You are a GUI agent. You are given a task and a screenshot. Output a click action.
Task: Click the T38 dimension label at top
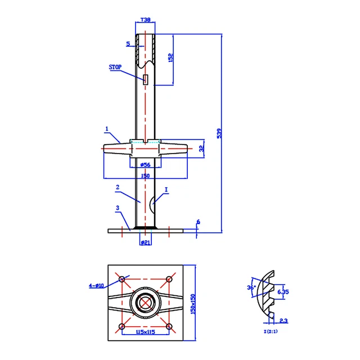pos(146,20)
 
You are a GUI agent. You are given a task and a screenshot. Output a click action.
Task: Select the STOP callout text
pos(115,66)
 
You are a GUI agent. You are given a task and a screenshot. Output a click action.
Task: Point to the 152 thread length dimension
pos(170,58)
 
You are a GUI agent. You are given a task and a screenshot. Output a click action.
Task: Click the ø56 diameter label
pos(145,165)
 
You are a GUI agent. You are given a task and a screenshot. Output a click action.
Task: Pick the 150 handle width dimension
pos(145,176)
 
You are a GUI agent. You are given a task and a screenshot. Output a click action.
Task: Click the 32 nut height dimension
pos(201,150)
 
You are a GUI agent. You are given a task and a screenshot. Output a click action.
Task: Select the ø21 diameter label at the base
pos(145,242)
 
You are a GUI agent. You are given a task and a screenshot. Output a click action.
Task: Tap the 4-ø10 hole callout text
pos(97,285)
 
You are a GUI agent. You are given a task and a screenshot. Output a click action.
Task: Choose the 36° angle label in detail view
pos(251,287)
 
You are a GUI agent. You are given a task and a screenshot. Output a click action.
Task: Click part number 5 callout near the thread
pos(128,43)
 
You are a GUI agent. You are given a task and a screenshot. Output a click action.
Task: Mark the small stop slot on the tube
pos(145,79)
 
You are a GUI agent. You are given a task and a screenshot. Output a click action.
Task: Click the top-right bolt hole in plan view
pos(169,279)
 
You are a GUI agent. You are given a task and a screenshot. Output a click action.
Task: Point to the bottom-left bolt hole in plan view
pos(122,327)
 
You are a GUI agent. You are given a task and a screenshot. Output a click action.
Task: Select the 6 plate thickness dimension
pos(198,223)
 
